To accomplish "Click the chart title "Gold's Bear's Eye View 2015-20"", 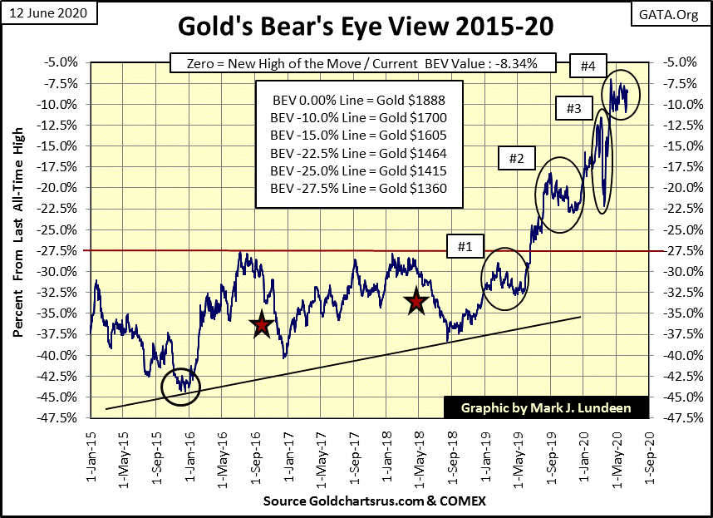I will [356, 28].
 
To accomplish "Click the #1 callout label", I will [465, 246].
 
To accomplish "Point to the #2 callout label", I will [515, 157].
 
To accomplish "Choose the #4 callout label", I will [585, 63].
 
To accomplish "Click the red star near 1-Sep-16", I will [262, 325].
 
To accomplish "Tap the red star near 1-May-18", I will [416, 303].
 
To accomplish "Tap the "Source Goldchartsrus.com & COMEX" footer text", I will [374, 502].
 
